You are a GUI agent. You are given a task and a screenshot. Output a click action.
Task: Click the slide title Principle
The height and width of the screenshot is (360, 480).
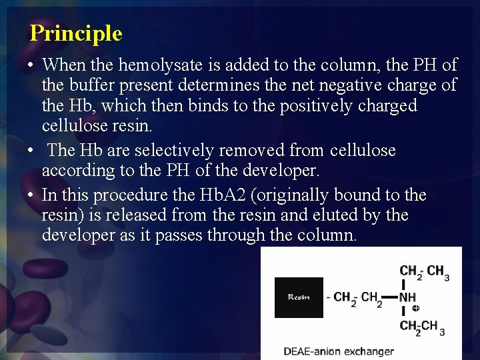(76, 33)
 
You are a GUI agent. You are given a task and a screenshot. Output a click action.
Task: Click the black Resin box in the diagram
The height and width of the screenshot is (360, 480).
(299, 297)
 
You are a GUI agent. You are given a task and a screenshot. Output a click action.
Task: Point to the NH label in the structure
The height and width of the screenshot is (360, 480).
(407, 296)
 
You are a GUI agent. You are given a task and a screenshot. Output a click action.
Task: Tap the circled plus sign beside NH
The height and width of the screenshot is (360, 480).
(416, 309)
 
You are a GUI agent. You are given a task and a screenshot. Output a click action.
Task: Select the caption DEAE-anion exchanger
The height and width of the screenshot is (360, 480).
(338, 351)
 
